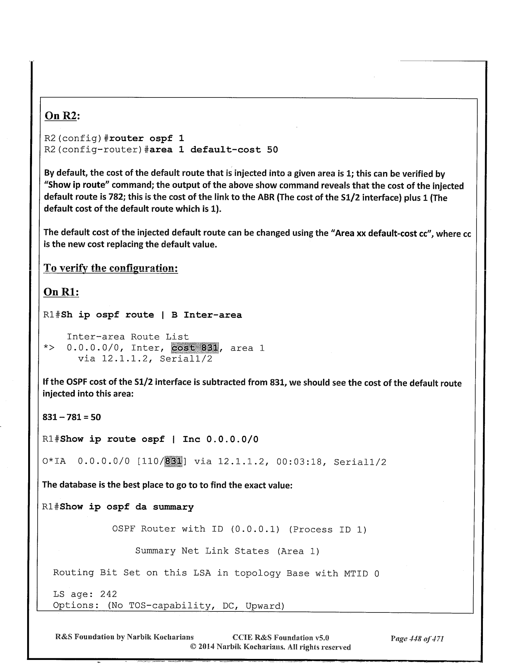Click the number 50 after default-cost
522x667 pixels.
click(x=272, y=150)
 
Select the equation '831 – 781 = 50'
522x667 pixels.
click(x=71, y=417)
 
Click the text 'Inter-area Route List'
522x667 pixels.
click(x=128, y=337)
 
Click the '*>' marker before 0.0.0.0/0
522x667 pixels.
click(x=49, y=348)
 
